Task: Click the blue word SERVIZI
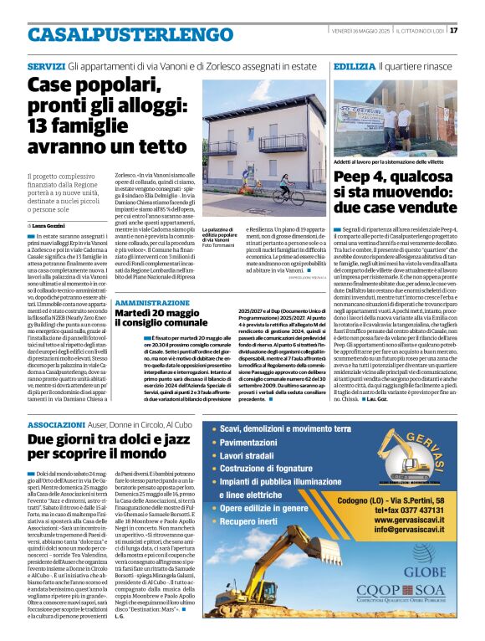pyautogui.click(x=45, y=65)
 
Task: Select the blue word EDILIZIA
pyautogui.click(x=353, y=65)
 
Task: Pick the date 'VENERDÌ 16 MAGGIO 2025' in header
pyautogui.click(x=371, y=31)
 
